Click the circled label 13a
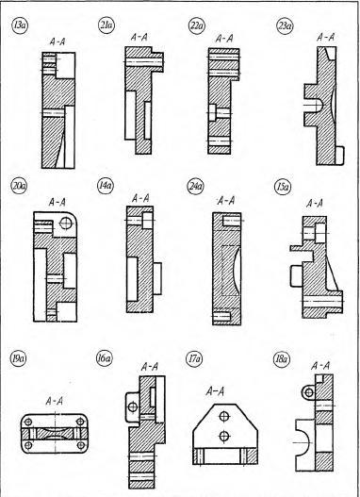(x=20, y=25)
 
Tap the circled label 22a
(x=197, y=26)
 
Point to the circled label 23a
(x=285, y=25)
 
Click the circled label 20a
(x=19, y=187)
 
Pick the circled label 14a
(x=106, y=186)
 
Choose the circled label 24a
(x=195, y=187)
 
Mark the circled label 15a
(x=283, y=187)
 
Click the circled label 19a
(x=18, y=358)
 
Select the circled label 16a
(x=105, y=359)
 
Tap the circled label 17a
(x=194, y=359)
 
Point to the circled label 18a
(x=281, y=359)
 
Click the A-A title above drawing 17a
(x=215, y=391)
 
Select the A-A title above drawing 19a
(x=55, y=401)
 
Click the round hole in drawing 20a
(x=66, y=223)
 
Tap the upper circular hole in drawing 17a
(x=224, y=416)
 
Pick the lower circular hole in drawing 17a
(x=224, y=436)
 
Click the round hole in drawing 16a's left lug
(x=133, y=407)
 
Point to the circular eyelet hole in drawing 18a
(x=308, y=393)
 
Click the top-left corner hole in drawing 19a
(x=28, y=422)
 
